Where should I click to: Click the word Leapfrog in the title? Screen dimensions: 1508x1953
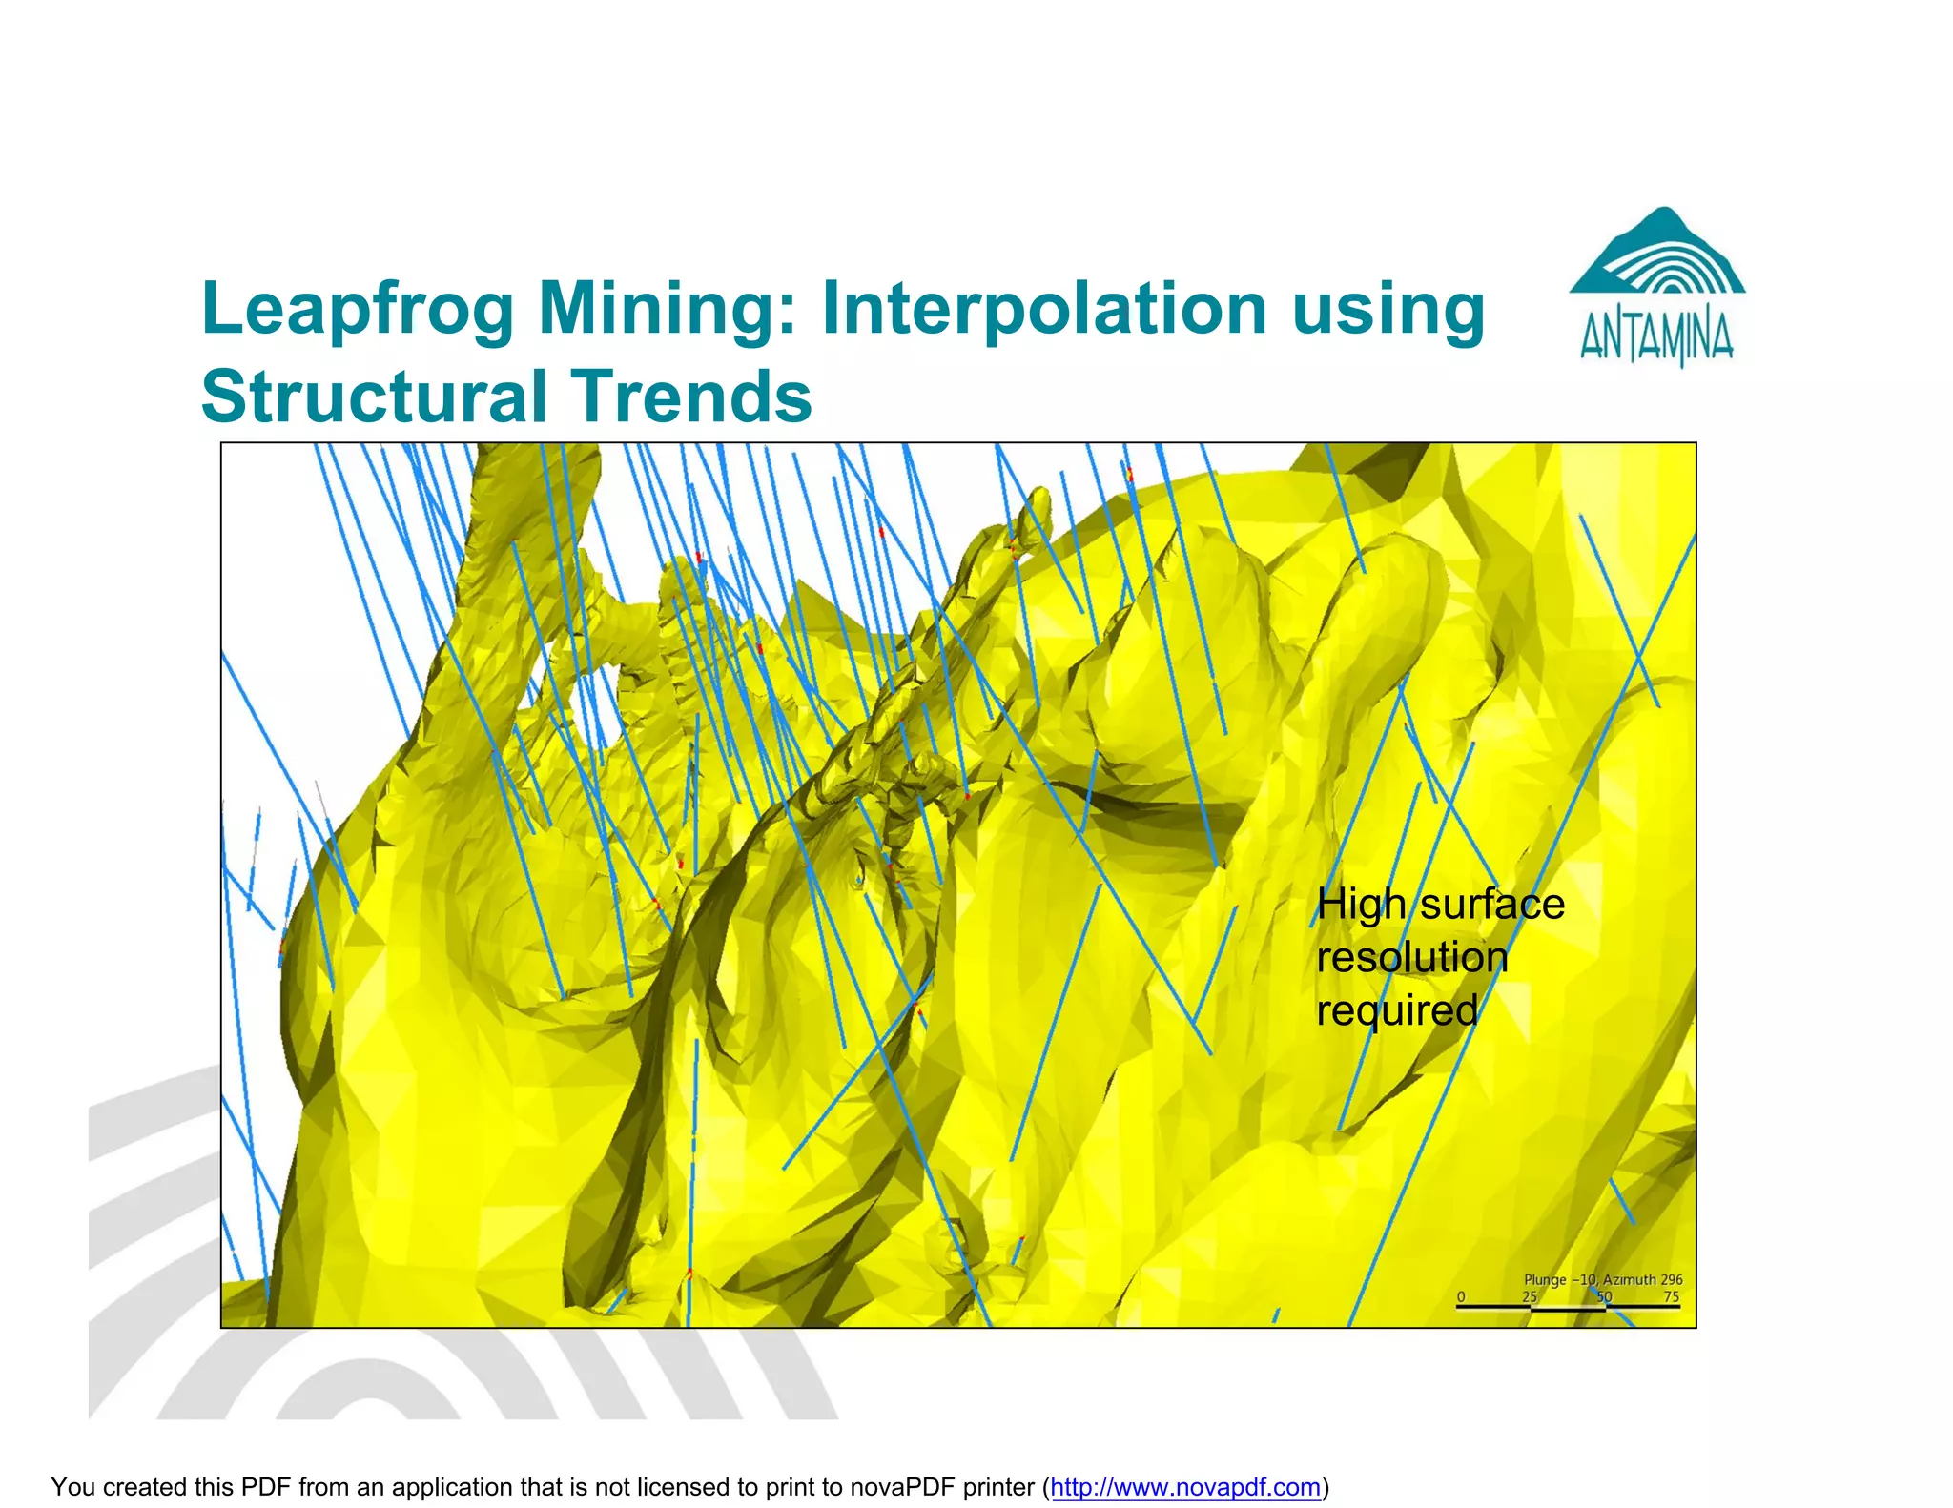click(x=358, y=310)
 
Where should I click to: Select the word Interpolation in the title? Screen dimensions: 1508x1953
click(x=1043, y=310)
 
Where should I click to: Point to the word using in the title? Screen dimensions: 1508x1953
click(x=1388, y=310)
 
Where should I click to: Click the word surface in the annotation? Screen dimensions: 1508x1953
click(x=1492, y=904)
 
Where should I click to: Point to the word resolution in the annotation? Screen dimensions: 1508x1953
click(x=1412, y=957)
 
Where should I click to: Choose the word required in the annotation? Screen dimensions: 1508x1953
click(x=1397, y=1010)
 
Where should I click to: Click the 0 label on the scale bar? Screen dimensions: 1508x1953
click(x=1461, y=1297)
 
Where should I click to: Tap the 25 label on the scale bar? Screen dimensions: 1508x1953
click(x=1530, y=1297)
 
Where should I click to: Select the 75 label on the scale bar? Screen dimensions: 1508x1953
click(x=1672, y=1297)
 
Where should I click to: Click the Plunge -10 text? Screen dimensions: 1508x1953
click(x=1559, y=1280)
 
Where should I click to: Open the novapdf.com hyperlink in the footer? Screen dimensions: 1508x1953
click(x=1185, y=1487)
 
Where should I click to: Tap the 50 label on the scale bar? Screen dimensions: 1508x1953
click(x=1604, y=1297)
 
